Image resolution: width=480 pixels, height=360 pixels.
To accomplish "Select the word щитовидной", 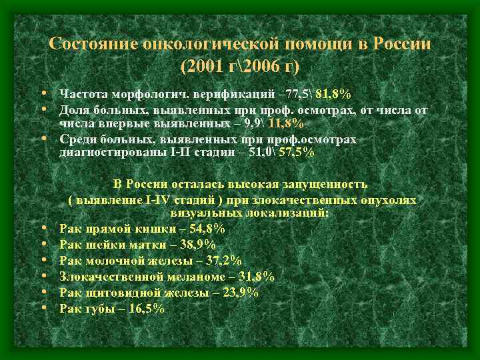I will click(116, 293).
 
